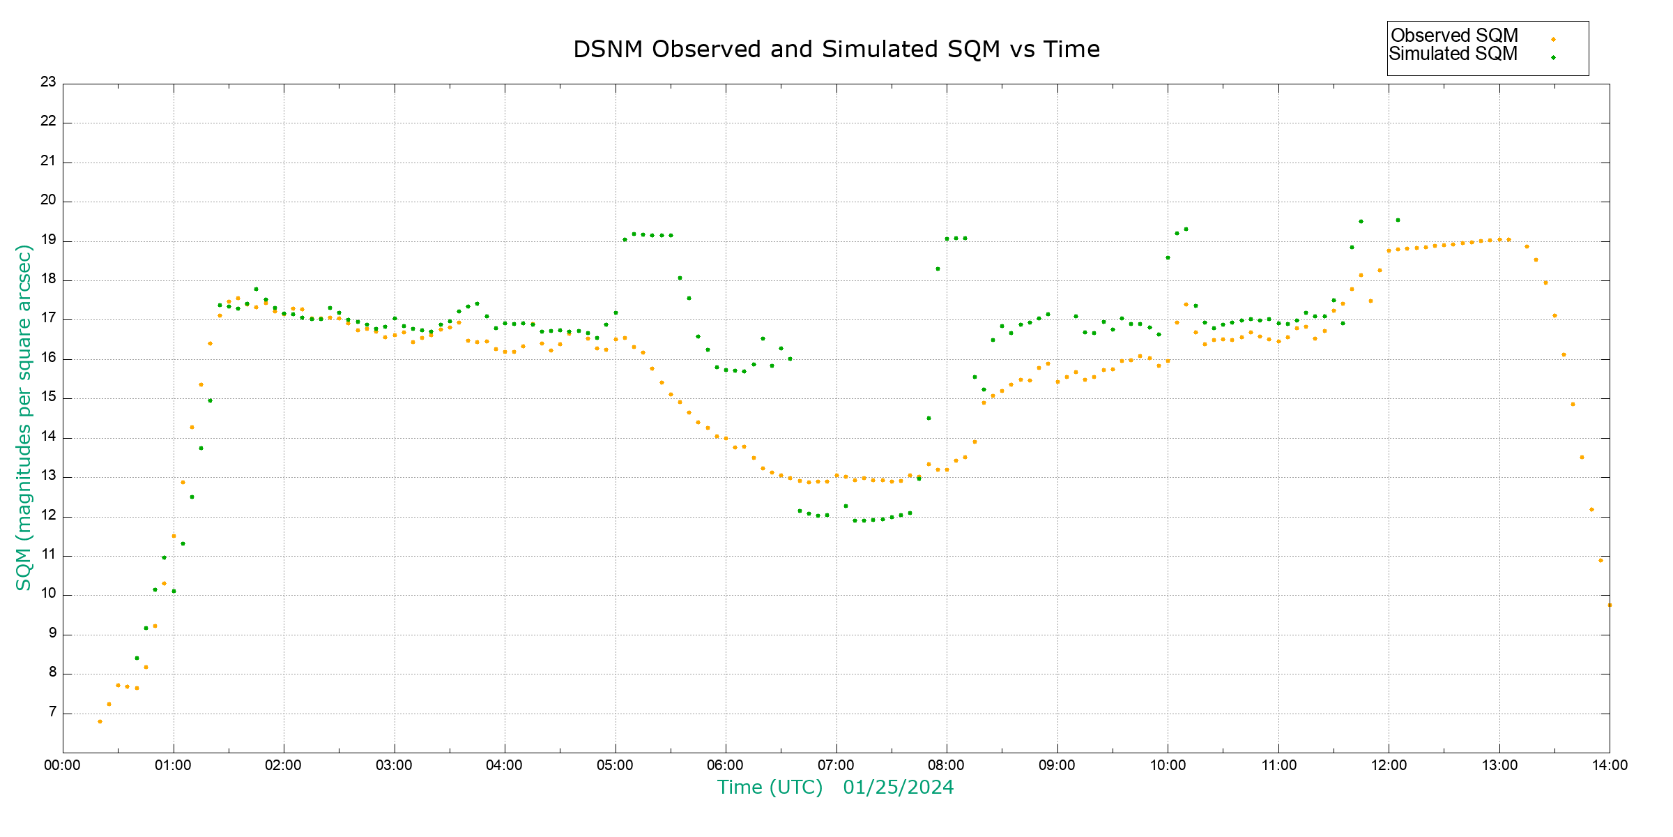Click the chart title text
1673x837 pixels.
[836, 50]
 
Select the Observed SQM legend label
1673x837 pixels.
[1454, 36]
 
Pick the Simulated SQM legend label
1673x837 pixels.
[1453, 54]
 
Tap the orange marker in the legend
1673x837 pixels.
[1553, 40]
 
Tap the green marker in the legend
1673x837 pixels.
[1553, 58]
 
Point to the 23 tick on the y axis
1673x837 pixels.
[48, 82]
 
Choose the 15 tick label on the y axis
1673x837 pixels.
[48, 398]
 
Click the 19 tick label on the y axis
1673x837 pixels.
[48, 240]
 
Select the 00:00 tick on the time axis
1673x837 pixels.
[62, 765]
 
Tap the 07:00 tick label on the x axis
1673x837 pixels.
[836, 765]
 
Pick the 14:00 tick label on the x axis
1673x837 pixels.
[1610, 765]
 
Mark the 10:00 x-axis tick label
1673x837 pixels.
[1168, 765]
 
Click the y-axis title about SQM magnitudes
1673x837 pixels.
[24, 417]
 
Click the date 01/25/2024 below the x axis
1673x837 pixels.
[898, 787]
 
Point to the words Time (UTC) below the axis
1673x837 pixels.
[770, 787]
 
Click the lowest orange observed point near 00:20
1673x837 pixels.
[100, 721]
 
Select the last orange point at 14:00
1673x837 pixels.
[1610, 605]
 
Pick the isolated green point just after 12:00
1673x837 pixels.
[1398, 220]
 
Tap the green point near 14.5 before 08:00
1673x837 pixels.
[929, 418]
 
